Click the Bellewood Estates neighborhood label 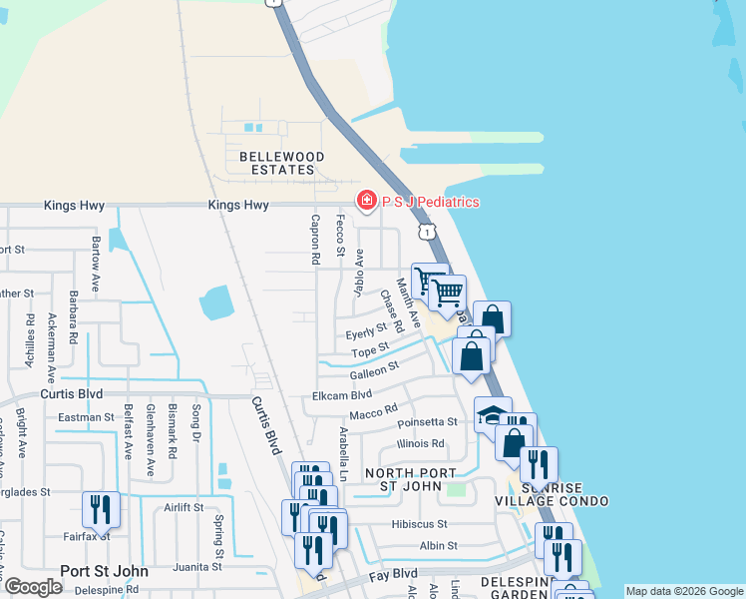281,164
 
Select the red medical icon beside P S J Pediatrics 367,202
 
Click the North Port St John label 410,479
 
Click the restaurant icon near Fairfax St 101,509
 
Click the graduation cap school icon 492,414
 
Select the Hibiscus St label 419,523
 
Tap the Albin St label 438,546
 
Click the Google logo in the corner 33,587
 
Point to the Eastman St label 87,417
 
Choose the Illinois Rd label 420,443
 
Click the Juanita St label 194,566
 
